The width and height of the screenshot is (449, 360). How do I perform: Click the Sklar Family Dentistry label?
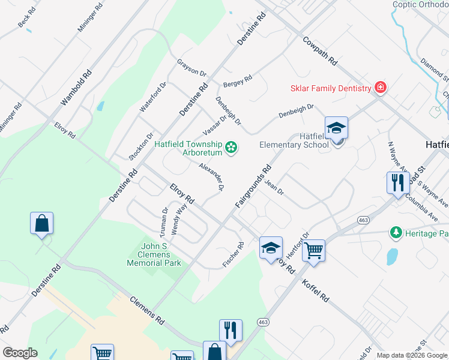click(331, 88)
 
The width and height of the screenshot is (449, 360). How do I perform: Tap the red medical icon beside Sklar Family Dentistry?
click(380, 88)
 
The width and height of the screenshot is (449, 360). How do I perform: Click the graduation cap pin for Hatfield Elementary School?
click(336, 128)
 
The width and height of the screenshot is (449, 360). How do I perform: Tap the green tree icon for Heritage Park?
click(396, 232)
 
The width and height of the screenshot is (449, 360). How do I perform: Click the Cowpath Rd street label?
click(320, 52)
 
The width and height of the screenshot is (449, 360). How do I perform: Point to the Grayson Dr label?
click(191, 68)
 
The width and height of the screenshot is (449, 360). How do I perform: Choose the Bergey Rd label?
click(238, 81)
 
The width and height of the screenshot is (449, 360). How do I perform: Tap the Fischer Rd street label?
click(233, 254)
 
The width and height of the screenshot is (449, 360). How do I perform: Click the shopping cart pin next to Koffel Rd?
click(313, 251)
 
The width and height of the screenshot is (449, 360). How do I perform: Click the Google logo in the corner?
click(20, 353)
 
